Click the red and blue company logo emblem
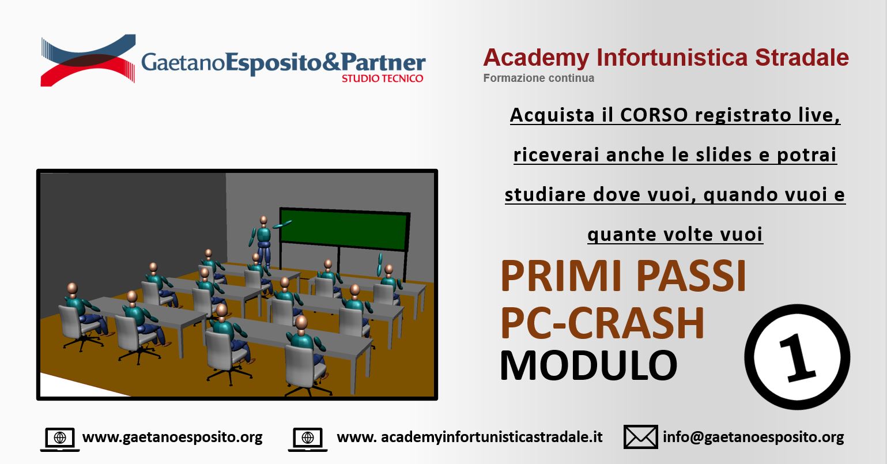[88, 60]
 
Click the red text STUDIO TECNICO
[383, 78]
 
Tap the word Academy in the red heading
[536, 58]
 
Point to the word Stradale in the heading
[802, 58]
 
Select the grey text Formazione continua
[538, 78]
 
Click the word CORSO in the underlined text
[654, 115]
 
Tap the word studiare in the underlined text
[545, 194]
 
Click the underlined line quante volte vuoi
[675, 235]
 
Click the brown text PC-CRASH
[602, 323]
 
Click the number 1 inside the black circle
[797, 357]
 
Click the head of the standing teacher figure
[263, 221]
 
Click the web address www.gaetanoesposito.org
[172, 437]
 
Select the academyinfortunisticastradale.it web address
[470, 437]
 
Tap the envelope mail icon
[641, 437]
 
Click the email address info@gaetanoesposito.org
[753, 437]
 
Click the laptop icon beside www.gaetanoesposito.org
[60, 439]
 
